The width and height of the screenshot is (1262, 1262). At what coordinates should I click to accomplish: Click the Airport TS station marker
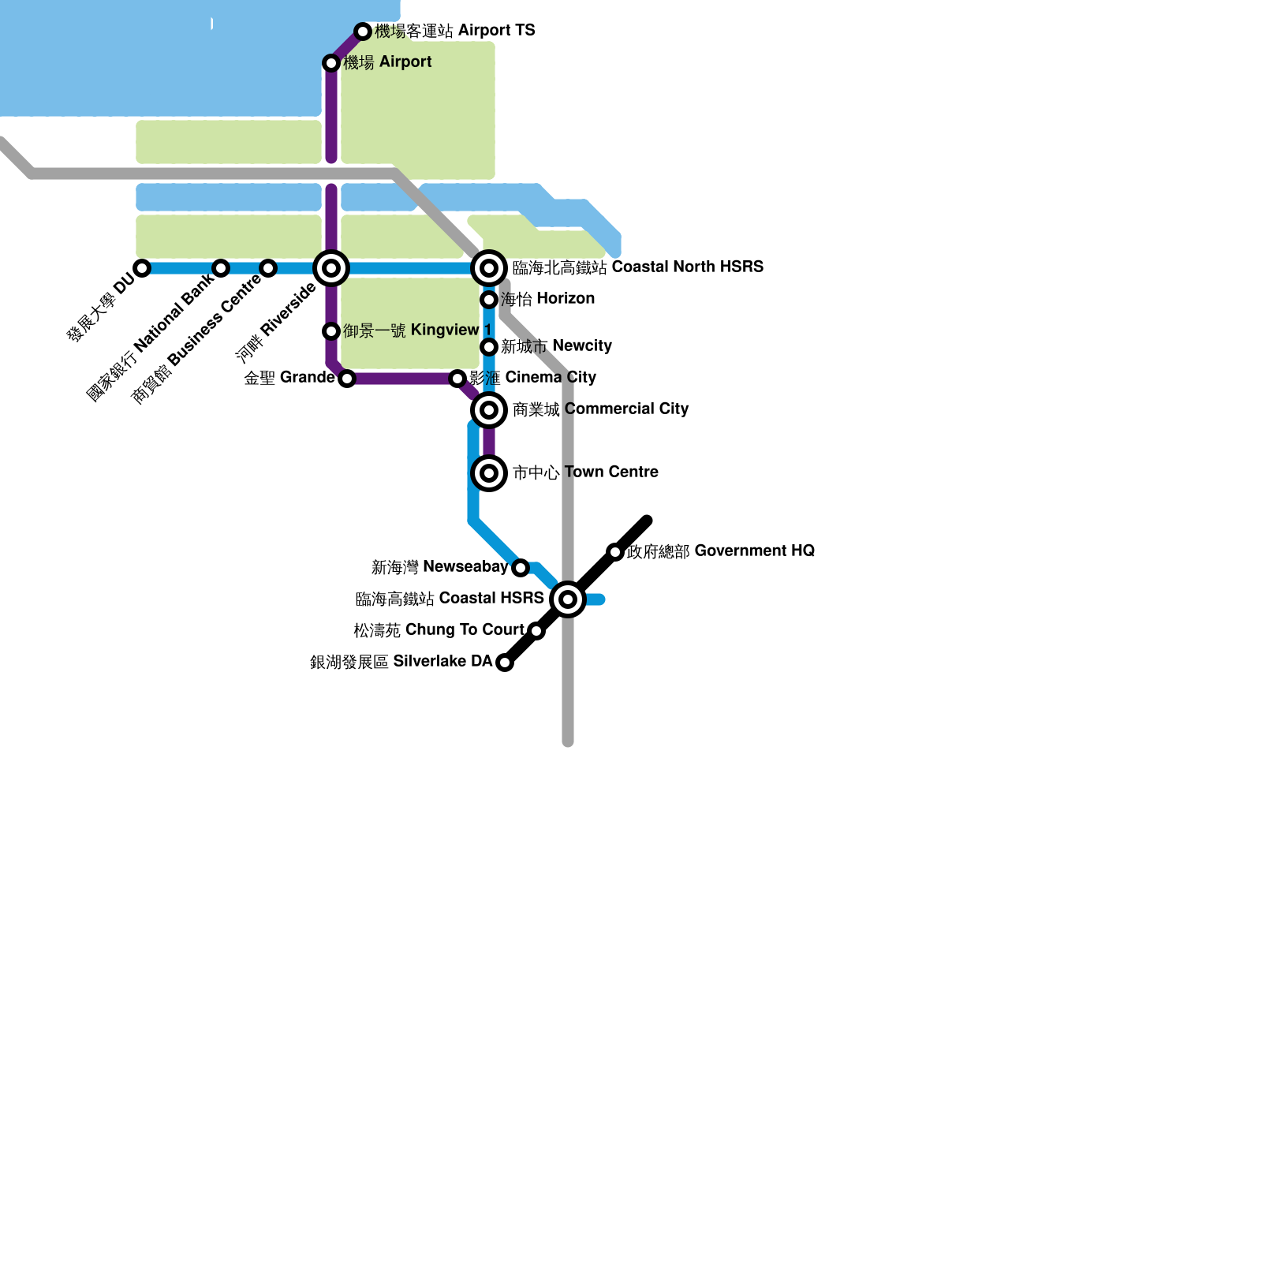tap(363, 32)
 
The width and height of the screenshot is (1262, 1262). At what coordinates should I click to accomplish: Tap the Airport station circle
tap(331, 63)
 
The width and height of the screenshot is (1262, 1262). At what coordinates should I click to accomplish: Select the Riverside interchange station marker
tap(331, 268)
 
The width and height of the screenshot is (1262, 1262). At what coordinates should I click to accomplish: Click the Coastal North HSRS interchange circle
tap(489, 268)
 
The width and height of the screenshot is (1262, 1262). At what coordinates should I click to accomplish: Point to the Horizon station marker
tap(489, 300)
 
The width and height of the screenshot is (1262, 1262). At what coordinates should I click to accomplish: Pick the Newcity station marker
tap(489, 347)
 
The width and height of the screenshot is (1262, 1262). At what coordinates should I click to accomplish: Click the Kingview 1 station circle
tap(331, 331)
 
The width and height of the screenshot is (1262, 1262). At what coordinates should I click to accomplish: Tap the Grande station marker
tap(347, 379)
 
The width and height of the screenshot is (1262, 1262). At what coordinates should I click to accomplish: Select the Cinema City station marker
tap(457, 379)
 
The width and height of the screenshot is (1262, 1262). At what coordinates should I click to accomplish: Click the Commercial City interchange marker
tap(489, 410)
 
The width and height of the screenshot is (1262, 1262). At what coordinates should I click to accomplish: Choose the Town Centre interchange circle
tap(489, 473)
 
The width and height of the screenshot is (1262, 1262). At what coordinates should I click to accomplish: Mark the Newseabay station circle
tap(521, 568)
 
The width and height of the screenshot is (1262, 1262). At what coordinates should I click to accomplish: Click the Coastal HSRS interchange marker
tap(568, 599)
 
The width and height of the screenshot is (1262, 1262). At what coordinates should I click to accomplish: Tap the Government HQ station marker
tap(615, 552)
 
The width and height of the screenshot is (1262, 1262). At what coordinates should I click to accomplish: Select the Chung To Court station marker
tap(536, 631)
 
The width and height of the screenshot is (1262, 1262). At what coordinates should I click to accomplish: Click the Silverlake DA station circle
tap(505, 663)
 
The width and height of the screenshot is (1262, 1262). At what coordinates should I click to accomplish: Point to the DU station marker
tap(142, 268)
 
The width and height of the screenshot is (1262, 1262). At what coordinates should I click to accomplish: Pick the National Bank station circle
tap(221, 268)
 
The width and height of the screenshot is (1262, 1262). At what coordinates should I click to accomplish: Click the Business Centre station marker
tap(268, 268)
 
